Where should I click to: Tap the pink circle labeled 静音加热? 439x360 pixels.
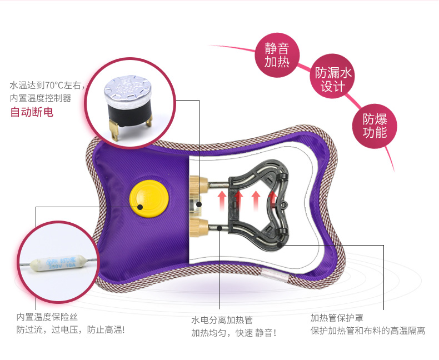pos(277,54)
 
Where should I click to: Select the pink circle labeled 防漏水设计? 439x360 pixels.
pos(333,79)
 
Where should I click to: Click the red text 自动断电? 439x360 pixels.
pos(32,112)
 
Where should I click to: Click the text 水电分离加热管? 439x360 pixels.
pos(222,320)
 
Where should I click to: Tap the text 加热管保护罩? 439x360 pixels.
pos(337,318)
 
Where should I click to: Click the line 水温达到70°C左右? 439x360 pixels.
pos(47,86)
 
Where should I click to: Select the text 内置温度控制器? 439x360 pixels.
pos(41,98)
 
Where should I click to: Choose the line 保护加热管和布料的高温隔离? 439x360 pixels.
pos(368,331)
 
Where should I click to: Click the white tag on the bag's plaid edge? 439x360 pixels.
pos(275,274)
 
